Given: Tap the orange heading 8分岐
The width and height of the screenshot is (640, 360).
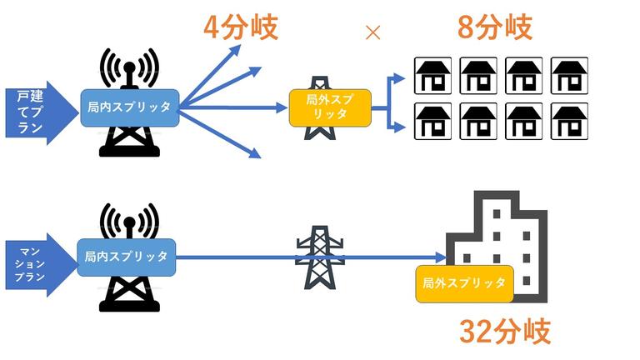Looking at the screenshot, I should tap(494, 27).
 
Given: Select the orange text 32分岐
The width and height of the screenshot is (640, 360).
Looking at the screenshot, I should tap(505, 331).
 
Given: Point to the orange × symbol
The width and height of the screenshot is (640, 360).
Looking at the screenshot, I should tap(373, 32).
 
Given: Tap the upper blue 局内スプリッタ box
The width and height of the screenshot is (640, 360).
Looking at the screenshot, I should tap(129, 107).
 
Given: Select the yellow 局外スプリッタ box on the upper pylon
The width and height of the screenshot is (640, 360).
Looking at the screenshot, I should tap(330, 107).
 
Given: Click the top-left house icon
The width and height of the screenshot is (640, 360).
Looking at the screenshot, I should tap(432, 75).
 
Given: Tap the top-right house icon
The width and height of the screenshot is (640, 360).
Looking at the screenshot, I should tap(570, 75).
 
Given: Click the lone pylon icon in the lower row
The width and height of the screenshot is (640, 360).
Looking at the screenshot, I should tap(319, 257).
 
